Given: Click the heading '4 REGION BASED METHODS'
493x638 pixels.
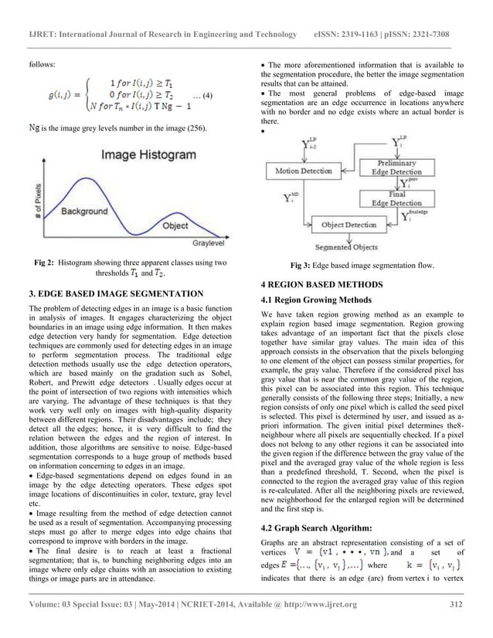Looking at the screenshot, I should pos(313,285).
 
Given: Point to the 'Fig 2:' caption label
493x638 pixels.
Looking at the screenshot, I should pos(42,263).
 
